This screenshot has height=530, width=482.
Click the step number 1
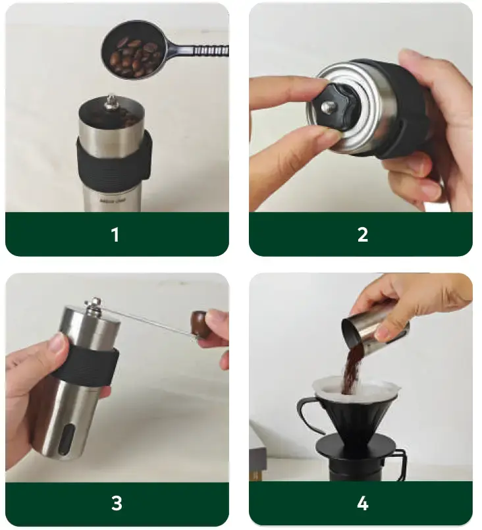[115, 234]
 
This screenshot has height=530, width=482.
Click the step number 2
[362, 234]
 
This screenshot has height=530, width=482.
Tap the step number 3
[117, 504]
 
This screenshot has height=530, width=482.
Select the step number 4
[362, 504]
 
